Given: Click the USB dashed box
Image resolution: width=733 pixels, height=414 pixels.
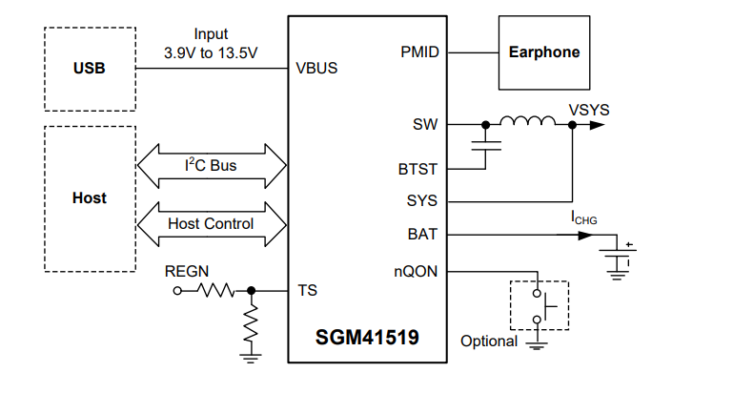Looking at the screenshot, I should (89, 69).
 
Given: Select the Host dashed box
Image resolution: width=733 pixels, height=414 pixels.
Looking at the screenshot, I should (89, 198).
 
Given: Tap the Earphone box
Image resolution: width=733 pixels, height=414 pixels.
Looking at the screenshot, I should (543, 52).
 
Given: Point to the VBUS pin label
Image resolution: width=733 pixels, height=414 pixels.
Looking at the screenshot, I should (317, 69).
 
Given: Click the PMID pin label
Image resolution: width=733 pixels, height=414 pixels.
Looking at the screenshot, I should (419, 52).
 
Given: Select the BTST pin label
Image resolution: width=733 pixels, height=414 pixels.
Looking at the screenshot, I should (417, 170).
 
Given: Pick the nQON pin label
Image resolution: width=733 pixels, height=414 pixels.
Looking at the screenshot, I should (416, 271).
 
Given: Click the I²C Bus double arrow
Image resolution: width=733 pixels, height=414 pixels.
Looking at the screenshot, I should (212, 166).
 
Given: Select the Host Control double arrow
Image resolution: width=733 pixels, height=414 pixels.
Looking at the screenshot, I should (212, 224).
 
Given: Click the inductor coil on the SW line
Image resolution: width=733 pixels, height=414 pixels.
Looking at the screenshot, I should (527, 121).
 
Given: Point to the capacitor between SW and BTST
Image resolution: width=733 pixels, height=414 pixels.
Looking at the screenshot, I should (486, 147).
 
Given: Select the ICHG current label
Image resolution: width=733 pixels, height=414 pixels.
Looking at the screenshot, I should (584, 218).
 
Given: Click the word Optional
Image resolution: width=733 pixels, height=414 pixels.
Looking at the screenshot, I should (488, 342).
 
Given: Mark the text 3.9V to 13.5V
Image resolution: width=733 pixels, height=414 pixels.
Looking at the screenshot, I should (211, 52).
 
